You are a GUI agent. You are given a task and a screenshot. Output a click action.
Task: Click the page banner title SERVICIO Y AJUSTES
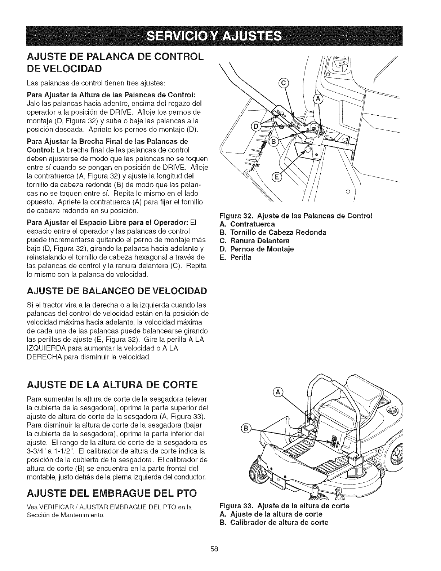[x=221, y=36]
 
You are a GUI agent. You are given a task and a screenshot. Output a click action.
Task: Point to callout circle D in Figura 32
[x=257, y=127]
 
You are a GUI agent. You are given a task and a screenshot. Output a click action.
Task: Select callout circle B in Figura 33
[x=246, y=428]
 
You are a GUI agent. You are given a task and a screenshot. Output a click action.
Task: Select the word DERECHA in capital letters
[x=41, y=357]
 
